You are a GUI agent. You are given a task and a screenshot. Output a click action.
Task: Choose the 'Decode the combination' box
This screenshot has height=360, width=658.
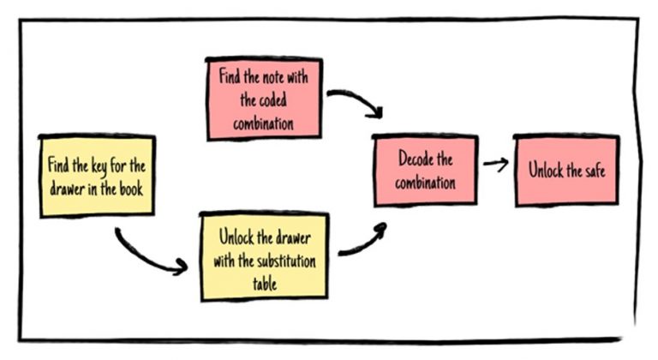[425, 171]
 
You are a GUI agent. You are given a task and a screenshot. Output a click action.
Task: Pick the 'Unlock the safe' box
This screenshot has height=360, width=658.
[566, 170]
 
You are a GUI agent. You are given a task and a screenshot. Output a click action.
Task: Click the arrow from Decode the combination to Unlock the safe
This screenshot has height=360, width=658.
[494, 163]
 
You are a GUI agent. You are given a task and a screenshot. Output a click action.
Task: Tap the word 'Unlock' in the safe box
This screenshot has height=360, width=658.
[545, 170]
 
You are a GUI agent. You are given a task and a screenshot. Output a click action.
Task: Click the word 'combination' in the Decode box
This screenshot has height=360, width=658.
[425, 182]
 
